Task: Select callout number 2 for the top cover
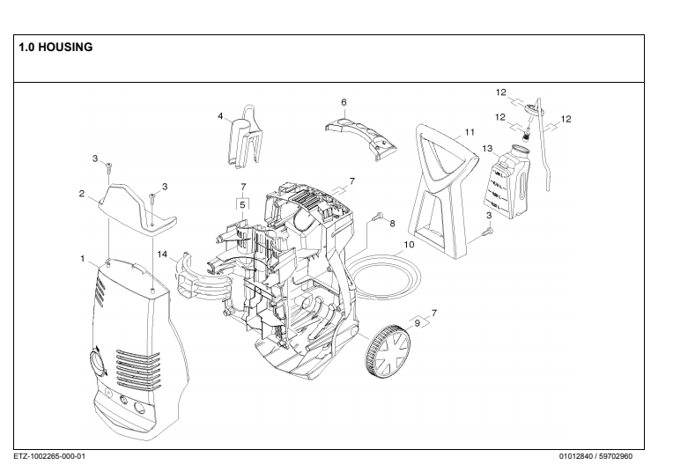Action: pos(80,194)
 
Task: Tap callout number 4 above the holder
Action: pos(220,115)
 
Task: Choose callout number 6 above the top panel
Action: pos(344,102)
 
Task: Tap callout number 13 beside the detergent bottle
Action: pos(487,150)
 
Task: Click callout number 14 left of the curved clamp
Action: pos(162,254)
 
